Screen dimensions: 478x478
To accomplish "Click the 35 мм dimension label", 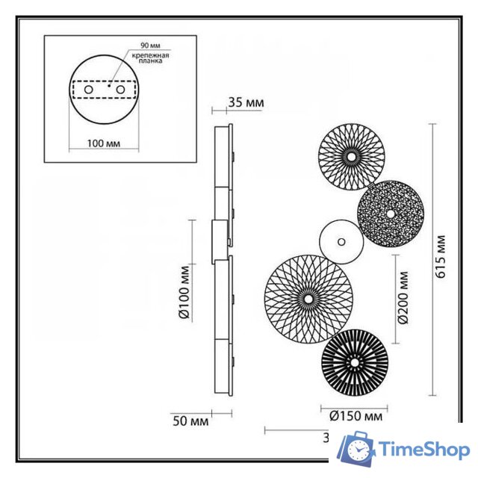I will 246,103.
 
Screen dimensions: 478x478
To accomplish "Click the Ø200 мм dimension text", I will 404,297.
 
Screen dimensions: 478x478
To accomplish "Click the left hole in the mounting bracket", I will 89,90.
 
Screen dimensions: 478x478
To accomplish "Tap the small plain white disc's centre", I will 341,241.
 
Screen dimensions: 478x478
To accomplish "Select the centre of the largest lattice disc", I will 308,298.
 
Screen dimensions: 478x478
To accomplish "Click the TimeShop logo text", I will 423,450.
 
